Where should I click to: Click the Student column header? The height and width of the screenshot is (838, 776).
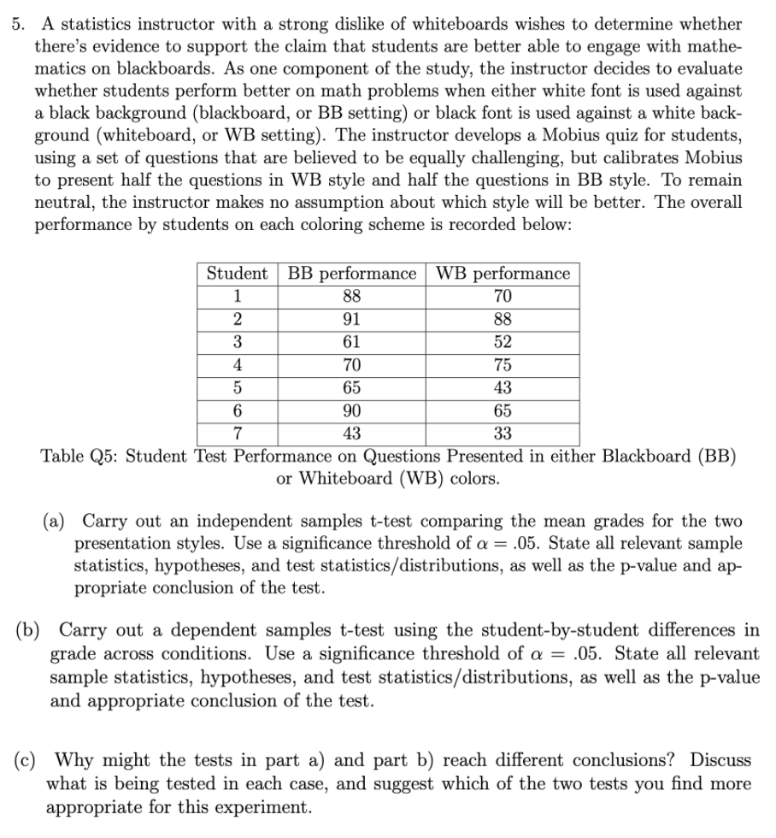pyautogui.click(x=237, y=274)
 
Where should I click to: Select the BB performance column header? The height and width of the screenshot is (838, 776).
pyautogui.click(x=351, y=274)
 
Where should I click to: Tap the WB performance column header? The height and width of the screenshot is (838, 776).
pyautogui.click(x=503, y=274)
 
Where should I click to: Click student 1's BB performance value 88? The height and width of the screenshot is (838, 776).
pyautogui.click(x=351, y=297)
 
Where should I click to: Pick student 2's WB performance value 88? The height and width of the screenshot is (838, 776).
pyautogui.click(x=503, y=319)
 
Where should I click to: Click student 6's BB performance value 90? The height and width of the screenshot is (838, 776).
pyautogui.click(x=351, y=410)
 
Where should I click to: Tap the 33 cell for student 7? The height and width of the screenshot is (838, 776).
pyautogui.click(x=503, y=433)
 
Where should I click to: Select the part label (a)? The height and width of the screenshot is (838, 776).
pyautogui.click(x=57, y=522)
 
